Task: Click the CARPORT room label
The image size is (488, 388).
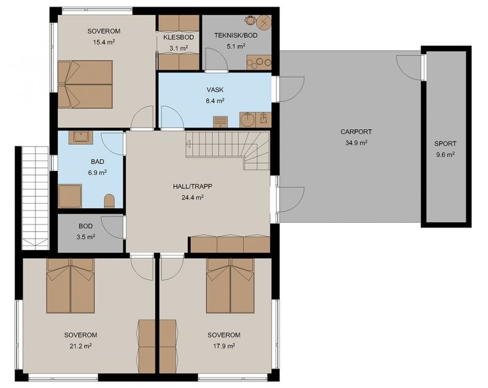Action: pos(356,132)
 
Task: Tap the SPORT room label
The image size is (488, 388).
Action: pos(445,144)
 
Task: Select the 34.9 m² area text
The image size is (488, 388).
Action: pos(356,143)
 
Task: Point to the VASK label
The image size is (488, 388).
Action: pos(215,90)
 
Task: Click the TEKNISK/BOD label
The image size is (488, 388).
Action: pos(236,35)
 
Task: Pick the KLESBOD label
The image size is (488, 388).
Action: pos(179,37)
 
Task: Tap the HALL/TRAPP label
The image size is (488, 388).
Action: pos(193,187)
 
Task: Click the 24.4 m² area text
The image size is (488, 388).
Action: pos(193,197)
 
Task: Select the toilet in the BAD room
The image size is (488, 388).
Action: pos(109,201)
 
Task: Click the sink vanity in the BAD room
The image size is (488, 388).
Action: pos(81,137)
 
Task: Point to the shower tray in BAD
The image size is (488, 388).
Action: pos(70,196)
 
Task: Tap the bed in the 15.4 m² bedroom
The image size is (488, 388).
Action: pos(85,84)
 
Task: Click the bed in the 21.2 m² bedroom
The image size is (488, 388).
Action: pos(70,286)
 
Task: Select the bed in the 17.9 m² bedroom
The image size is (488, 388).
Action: pos(231,286)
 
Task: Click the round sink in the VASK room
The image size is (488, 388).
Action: pos(248,120)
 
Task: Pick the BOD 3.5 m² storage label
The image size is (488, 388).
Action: pos(85,231)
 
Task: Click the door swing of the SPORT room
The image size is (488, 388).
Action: pos(409,68)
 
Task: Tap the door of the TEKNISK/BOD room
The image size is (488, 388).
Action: pos(217,60)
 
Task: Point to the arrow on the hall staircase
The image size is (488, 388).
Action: pos(188,144)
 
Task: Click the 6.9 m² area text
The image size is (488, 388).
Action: pos(98,173)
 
